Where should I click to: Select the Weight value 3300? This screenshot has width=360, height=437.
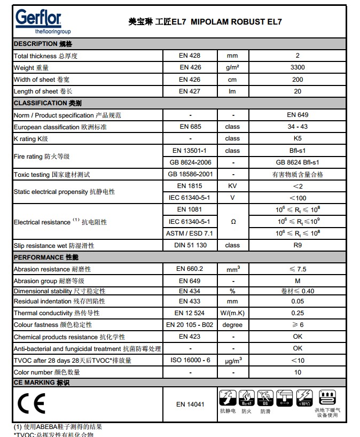(x=298, y=67)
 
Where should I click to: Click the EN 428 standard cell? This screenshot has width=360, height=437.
(x=190, y=56)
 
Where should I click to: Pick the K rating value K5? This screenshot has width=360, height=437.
(x=298, y=138)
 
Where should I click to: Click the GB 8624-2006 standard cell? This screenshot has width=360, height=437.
(x=190, y=162)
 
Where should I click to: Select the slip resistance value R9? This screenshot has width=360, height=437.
(x=298, y=245)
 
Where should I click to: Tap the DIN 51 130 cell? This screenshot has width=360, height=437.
(x=190, y=245)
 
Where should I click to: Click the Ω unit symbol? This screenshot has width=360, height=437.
(x=232, y=222)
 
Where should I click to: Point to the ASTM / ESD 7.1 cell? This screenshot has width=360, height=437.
(x=190, y=233)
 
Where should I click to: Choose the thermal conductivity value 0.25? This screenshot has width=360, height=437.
(x=298, y=313)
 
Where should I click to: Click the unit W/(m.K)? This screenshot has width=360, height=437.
(x=232, y=313)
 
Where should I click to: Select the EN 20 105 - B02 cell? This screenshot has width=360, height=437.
(x=190, y=325)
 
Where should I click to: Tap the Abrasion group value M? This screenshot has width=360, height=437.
(x=298, y=281)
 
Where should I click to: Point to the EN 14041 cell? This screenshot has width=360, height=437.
(x=190, y=404)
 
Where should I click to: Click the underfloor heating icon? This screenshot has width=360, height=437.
(x=327, y=397)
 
